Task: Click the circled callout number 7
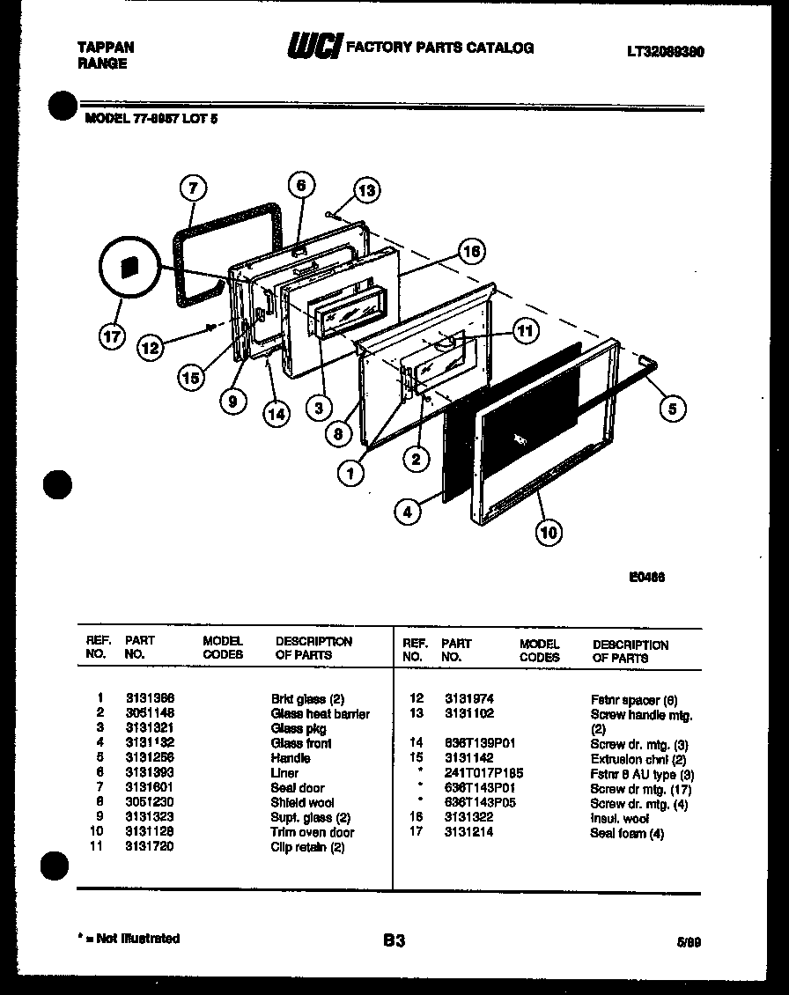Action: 194,188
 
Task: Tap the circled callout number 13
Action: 366,190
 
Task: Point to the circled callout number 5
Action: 673,407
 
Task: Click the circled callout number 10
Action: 549,531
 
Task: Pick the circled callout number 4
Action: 407,512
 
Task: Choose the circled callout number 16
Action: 471,252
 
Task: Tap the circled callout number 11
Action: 525,331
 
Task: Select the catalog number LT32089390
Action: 666,52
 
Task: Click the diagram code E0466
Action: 646,578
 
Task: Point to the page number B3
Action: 394,940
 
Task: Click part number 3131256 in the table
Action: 150,758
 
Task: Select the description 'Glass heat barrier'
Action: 320,714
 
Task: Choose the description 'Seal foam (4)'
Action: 627,833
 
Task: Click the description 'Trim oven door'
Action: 312,832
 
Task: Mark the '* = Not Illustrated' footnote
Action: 129,939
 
